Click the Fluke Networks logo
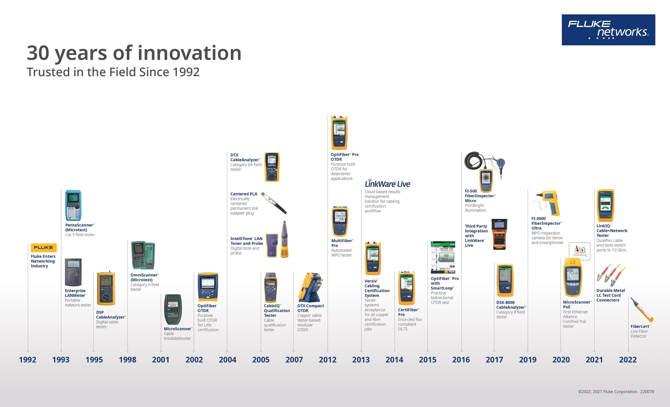point(608,30)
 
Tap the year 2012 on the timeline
point(328,360)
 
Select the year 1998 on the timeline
point(128,360)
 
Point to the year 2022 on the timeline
point(628,360)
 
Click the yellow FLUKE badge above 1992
point(44,247)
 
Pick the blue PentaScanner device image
point(73,205)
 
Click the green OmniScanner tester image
point(143,255)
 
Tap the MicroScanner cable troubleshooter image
point(173,310)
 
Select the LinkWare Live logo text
point(387,184)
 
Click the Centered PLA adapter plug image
point(274,203)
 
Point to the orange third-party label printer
point(499,234)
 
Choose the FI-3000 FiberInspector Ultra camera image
point(546,203)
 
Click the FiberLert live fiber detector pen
point(642,310)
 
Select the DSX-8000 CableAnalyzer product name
point(511,305)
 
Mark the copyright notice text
point(616,392)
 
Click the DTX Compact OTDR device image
point(311,287)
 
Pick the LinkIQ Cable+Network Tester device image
point(605,205)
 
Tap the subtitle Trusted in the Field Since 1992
point(113,72)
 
